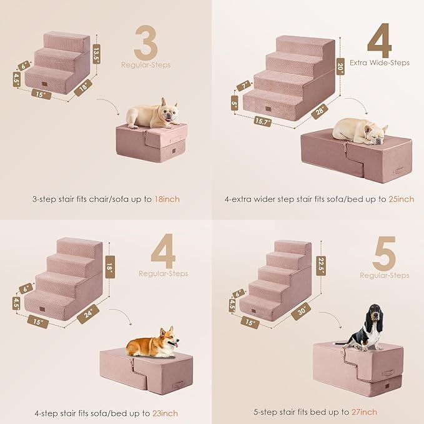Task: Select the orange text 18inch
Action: [x=167, y=199]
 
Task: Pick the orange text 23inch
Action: [x=165, y=413]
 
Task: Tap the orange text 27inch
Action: [x=364, y=413]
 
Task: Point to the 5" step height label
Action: [x=234, y=103]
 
